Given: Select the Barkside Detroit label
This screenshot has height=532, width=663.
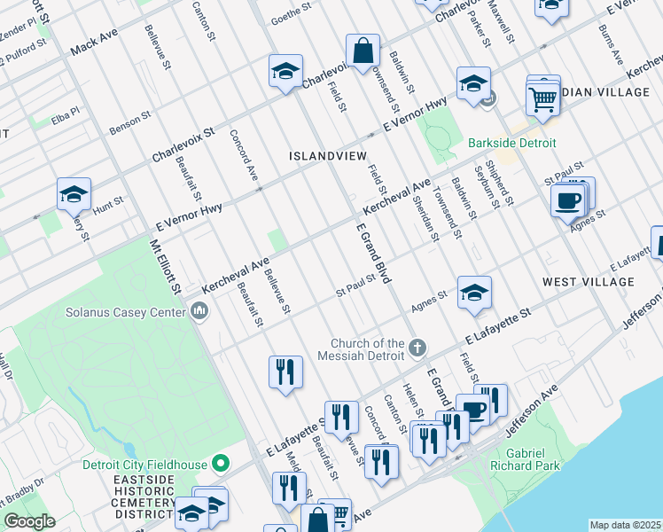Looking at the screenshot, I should pyautogui.click(x=512, y=143).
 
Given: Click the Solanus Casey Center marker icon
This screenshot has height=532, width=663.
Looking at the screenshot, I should pyautogui.click(x=199, y=311).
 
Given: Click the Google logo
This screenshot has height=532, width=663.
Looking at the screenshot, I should pyautogui.click(x=29, y=521).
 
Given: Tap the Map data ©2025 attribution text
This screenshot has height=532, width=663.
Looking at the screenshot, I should pyautogui.click(x=625, y=525).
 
